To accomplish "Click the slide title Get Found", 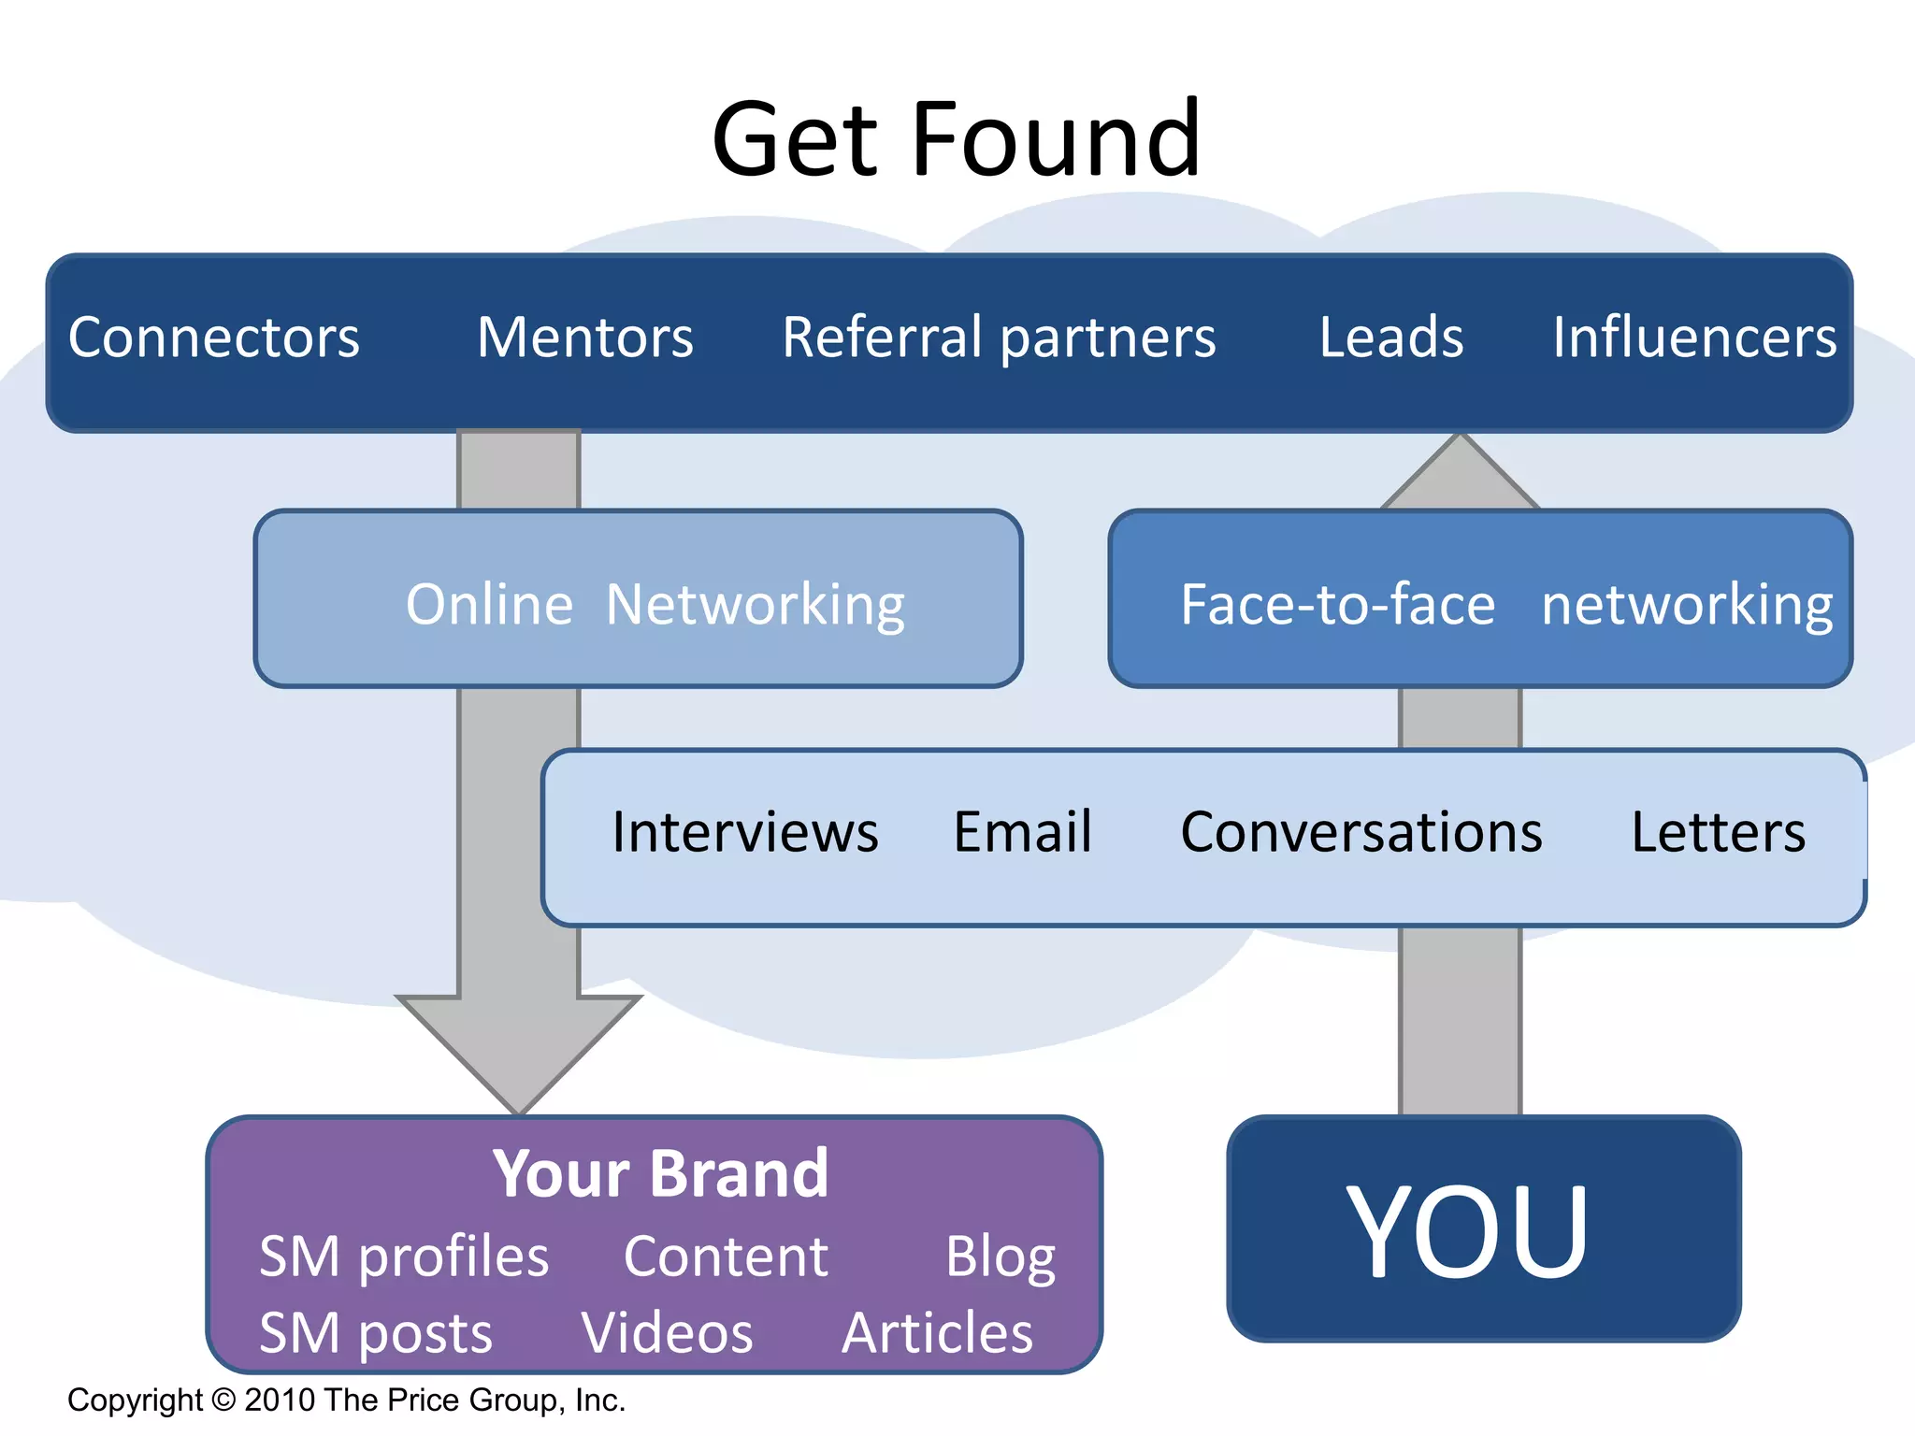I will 956,140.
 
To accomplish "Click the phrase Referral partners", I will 999,338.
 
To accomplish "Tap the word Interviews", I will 745,832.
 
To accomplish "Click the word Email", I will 1023,832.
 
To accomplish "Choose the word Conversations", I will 1361,832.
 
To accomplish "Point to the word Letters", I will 1719,832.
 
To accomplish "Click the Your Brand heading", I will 660,1174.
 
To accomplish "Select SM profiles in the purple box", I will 404,1256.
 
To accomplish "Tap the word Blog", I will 1001,1256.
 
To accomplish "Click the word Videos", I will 668,1333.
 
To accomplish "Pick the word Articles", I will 938,1333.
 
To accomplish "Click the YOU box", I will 1483,1230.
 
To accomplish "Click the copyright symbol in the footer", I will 224,1400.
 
